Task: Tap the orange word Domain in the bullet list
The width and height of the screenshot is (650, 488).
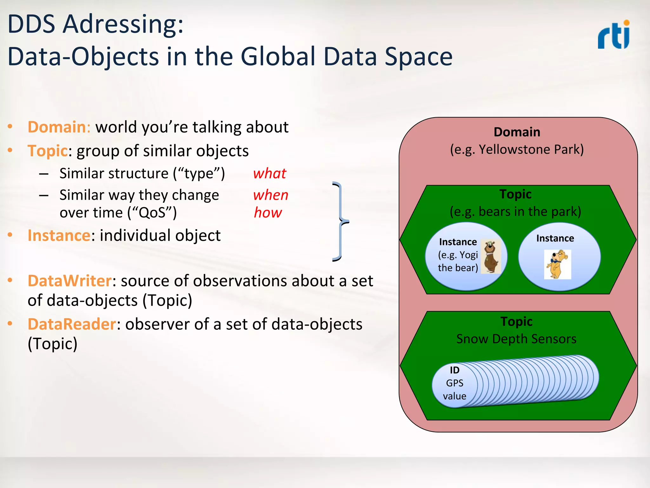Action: coord(56,127)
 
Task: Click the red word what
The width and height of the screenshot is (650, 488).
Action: coord(270,174)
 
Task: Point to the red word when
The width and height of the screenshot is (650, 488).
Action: coord(271,195)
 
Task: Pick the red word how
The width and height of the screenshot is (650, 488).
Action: coord(268,213)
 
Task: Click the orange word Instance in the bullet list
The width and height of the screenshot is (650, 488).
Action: coord(59,236)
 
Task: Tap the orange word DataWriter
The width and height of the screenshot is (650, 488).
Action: coord(70,281)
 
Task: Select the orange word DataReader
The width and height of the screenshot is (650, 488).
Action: coord(72,324)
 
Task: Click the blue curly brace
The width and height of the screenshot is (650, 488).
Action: coord(340,221)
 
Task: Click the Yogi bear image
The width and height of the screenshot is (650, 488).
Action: coord(491,256)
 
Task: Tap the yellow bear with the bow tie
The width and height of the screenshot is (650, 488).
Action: coord(557,264)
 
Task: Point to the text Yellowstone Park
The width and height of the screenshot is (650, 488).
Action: coord(531,149)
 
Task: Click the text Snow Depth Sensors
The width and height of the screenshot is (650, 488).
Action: coord(516,339)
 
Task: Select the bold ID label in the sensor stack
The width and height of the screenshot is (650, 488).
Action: coord(454,370)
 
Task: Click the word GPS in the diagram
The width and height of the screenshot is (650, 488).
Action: coord(454,383)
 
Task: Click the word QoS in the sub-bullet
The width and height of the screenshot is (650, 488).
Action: coord(152,213)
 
